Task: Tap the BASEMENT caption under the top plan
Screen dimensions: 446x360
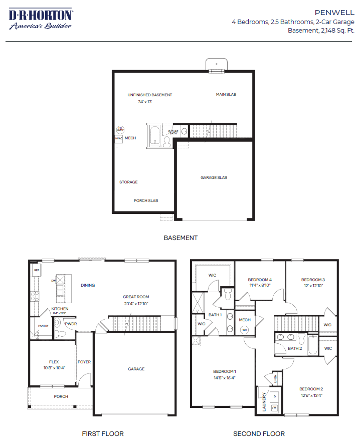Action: pyautogui.click(x=181, y=238)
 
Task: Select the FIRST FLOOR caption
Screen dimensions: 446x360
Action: pyautogui.click(x=103, y=433)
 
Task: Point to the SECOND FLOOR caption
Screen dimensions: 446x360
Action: pyautogui.click(x=259, y=433)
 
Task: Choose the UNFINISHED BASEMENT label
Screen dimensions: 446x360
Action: pyautogui.click(x=149, y=95)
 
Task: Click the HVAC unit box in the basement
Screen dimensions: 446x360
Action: pyautogui.click(x=119, y=138)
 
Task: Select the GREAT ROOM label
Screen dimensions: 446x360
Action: pyautogui.click(x=136, y=297)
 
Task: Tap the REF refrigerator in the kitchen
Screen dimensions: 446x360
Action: pyautogui.click(x=36, y=270)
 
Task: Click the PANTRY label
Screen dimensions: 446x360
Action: pyautogui.click(x=43, y=326)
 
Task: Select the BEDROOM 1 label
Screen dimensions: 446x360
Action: pyautogui.click(x=224, y=371)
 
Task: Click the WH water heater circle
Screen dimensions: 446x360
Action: pyautogui.click(x=245, y=330)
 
